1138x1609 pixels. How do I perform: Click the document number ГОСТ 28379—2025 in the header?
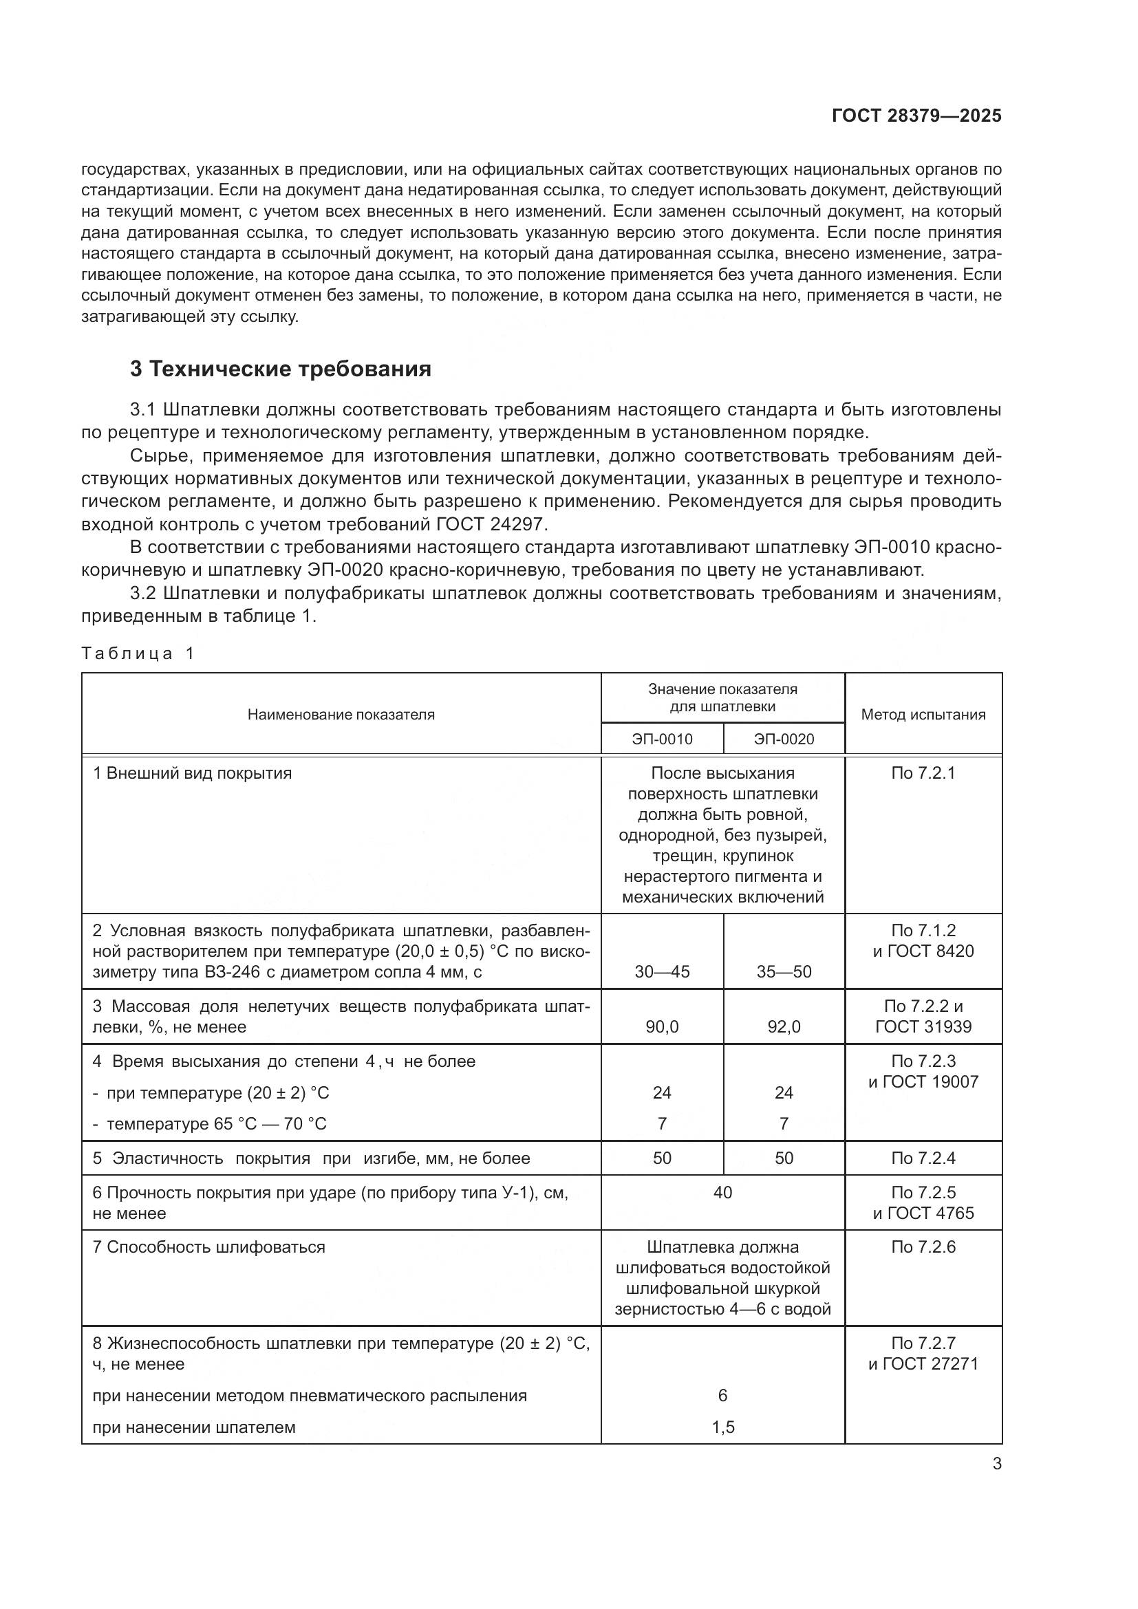(916, 116)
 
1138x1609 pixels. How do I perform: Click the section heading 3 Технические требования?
(280, 369)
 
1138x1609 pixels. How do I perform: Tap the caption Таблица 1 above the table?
(138, 654)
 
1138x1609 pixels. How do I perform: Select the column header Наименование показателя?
(341, 714)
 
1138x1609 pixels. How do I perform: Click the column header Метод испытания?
(923, 714)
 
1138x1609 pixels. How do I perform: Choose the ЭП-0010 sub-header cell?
(661, 739)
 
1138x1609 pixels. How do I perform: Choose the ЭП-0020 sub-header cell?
(784, 739)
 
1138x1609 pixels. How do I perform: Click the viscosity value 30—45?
(661, 971)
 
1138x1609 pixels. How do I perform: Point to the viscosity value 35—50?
(784, 971)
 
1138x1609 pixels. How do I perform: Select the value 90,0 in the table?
(661, 1026)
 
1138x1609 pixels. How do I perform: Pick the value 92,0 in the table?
(784, 1026)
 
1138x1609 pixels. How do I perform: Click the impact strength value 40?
(722, 1192)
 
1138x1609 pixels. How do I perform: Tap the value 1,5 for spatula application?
(722, 1427)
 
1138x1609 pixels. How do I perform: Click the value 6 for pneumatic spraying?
(722, 1395)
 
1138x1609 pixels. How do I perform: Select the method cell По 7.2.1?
(923, 773)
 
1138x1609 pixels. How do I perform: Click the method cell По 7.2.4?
(923, 1158)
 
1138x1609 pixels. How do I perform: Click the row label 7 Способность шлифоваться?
(209, 1246)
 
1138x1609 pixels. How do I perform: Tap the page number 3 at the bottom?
(996, 1464)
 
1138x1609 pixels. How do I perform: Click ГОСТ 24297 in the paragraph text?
(491, 524)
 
